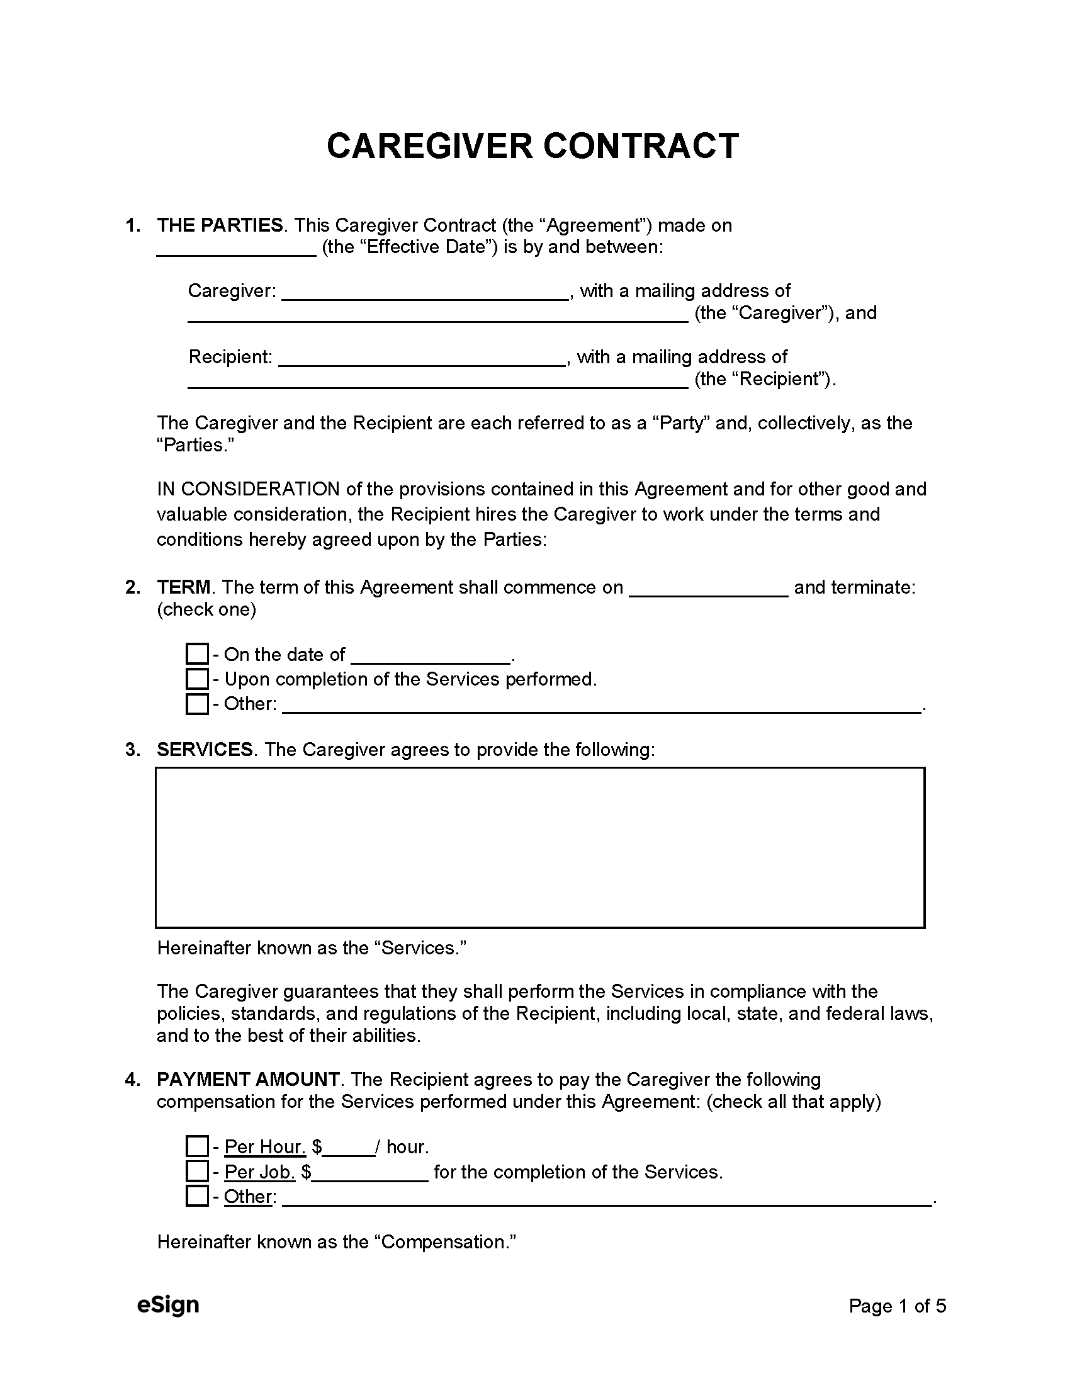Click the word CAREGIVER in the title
(430, 147)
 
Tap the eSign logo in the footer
(168, 1305)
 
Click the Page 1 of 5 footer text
(897, 1306)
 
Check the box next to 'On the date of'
(197, 653)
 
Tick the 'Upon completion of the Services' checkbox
(197, 679)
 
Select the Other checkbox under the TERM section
(197, 704)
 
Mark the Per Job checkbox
(197, 1172)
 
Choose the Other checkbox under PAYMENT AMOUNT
(197, 1196)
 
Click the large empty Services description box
(539, 847)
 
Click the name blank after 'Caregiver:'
(425, 293)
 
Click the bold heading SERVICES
(205, 750)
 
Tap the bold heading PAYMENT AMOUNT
(248, 1080)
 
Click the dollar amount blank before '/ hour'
(349, 1148)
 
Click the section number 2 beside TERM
(132, 587)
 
